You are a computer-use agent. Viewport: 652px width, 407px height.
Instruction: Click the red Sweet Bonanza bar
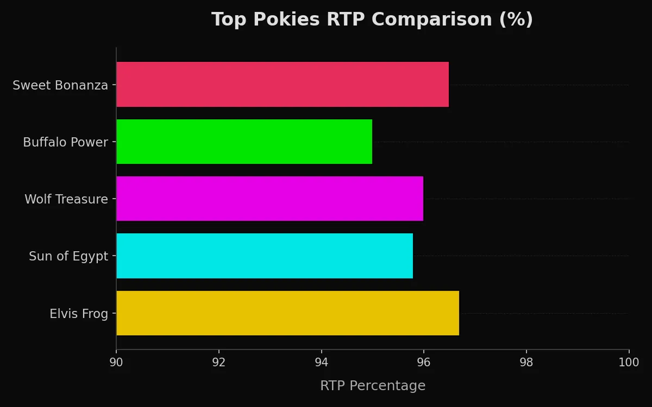283,84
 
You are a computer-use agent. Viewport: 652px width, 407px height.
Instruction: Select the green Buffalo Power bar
244,142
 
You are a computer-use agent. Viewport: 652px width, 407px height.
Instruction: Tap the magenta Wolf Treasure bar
269,199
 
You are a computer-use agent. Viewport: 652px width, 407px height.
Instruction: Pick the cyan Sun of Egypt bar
265,256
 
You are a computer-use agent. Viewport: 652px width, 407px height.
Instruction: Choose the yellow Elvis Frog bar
287,313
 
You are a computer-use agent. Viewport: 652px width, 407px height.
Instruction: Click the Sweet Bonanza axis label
60,86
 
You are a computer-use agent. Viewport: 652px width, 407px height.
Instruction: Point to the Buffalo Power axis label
65,143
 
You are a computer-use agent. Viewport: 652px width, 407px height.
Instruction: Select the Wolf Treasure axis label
66,200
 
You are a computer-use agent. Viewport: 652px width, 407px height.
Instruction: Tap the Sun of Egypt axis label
68,257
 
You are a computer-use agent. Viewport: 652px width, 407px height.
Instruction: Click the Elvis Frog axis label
79,314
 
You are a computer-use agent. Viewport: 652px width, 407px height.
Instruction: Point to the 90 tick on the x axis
116,363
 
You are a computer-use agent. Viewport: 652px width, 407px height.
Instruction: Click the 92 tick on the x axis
219,363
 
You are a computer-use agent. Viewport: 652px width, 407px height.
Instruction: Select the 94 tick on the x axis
321,363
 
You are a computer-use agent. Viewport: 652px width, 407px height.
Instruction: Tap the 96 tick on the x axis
424,363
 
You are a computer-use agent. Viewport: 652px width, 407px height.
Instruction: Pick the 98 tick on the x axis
526,363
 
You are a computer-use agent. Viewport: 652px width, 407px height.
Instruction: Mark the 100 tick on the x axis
629,363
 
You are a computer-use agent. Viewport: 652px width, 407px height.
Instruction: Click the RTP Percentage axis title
373,386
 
